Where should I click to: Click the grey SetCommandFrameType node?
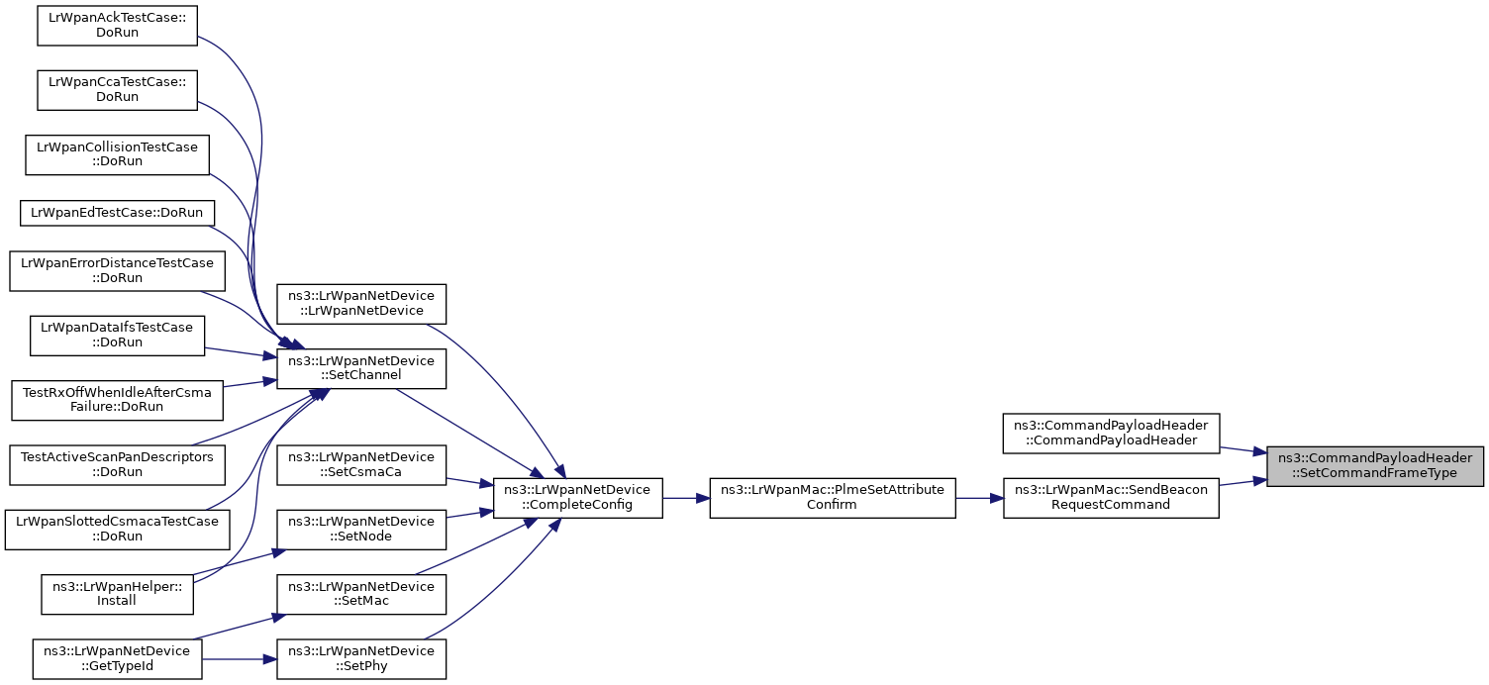[x=1375, y=466]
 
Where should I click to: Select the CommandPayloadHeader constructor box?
[x=1111, y=434]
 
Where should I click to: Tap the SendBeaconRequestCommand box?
[x=1111, y=498]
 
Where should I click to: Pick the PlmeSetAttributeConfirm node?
[x=833, y=498]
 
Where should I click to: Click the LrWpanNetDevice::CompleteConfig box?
[x=577, y=498]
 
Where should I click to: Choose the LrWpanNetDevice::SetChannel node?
[x=361, y=369]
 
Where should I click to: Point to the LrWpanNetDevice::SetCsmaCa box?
[x=361, y=465]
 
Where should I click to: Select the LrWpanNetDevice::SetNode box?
[x=361, y=530]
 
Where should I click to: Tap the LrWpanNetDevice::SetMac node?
[x=361, y=595]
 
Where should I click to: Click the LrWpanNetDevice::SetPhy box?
[x=361, y=659]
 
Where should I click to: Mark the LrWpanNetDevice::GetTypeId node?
[x=117, y=659]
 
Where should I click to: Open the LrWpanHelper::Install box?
[x=117, y=595]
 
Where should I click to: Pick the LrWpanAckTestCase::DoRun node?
[x=117, y=26]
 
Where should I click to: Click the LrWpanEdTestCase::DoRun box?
[x=117, y=213]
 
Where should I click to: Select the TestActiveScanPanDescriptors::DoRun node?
[x=117, y=465]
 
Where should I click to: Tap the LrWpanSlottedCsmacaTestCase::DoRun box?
[x=117, y=530]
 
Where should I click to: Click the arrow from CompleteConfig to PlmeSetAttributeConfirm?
[x=686, y=498]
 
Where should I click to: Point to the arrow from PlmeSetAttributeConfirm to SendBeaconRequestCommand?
[x=980, y=498]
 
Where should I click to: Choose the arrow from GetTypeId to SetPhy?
[x=240, y=659]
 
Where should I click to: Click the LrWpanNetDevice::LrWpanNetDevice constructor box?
[x=361, y=304]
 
